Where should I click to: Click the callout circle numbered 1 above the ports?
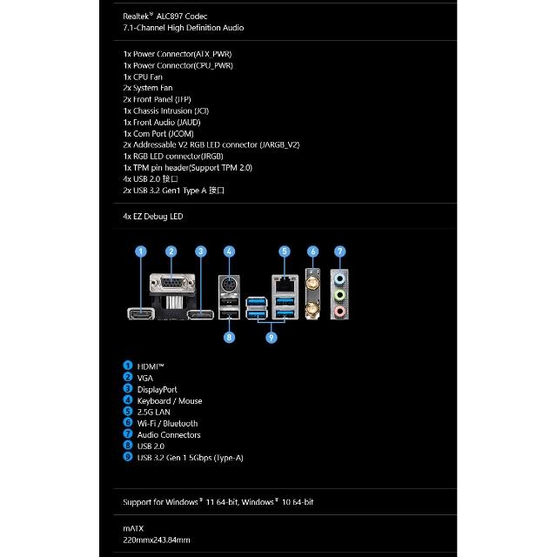point(141,252)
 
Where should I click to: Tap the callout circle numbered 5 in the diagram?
point(284,252)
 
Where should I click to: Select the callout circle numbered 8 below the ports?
point(229,337)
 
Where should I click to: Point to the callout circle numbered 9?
point(272,337)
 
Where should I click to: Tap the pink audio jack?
point(340,307)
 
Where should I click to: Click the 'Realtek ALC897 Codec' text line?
point(171,16)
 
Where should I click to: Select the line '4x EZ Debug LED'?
point(153,216)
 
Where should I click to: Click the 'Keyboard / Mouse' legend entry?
point(170,400)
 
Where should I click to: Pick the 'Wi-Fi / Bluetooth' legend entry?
point(167,423)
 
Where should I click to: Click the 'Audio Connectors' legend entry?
point(169,434)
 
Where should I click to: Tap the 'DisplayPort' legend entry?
point(158,389)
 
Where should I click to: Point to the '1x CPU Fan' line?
point(143,77)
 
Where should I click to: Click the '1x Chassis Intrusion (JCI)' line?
point(165,111)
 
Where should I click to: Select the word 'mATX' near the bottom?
point(134,527)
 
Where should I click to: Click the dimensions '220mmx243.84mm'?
point(157,539)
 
